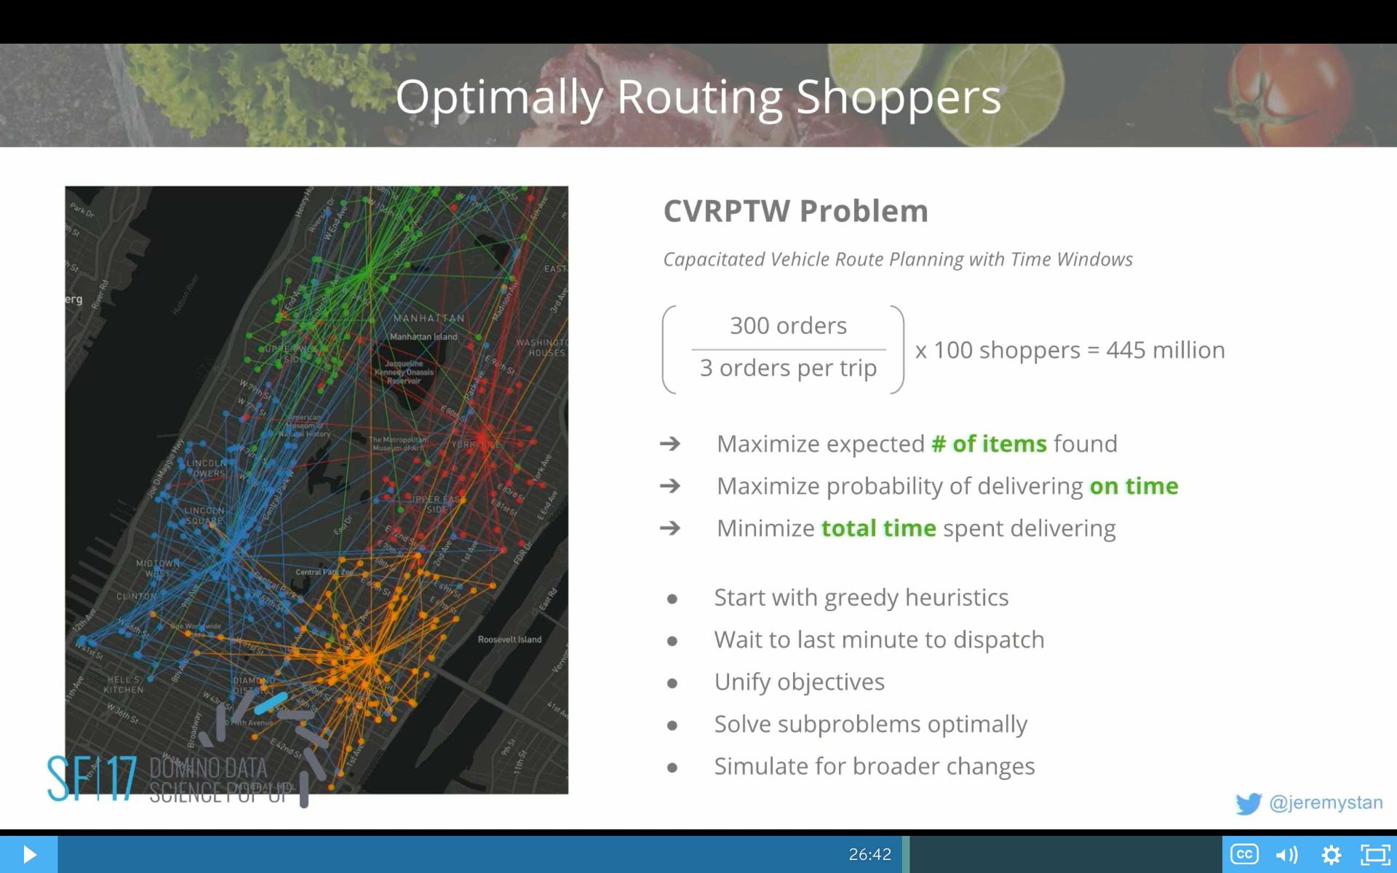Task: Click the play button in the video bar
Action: [29, 854]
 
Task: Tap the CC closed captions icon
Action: [1243, 854]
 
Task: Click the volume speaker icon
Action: [1286, 854]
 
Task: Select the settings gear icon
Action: [1331, 854]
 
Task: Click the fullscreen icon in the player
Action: [1375, 854]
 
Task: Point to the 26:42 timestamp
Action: [869, 854]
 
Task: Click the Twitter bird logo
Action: [1249, 803]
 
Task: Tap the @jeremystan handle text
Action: [1326, 802]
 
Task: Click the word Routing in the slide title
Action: [699, 97]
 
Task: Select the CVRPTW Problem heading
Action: [795, 211]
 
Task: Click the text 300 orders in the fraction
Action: [788, 325]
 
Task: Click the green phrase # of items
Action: [989, 444]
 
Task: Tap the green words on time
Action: [1134, 486]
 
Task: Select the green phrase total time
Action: [878, 528]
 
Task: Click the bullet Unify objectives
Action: [799, 682]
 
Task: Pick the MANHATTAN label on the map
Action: [429, 318]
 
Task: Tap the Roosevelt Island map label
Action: [509, 639]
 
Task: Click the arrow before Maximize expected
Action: [670, 444]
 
